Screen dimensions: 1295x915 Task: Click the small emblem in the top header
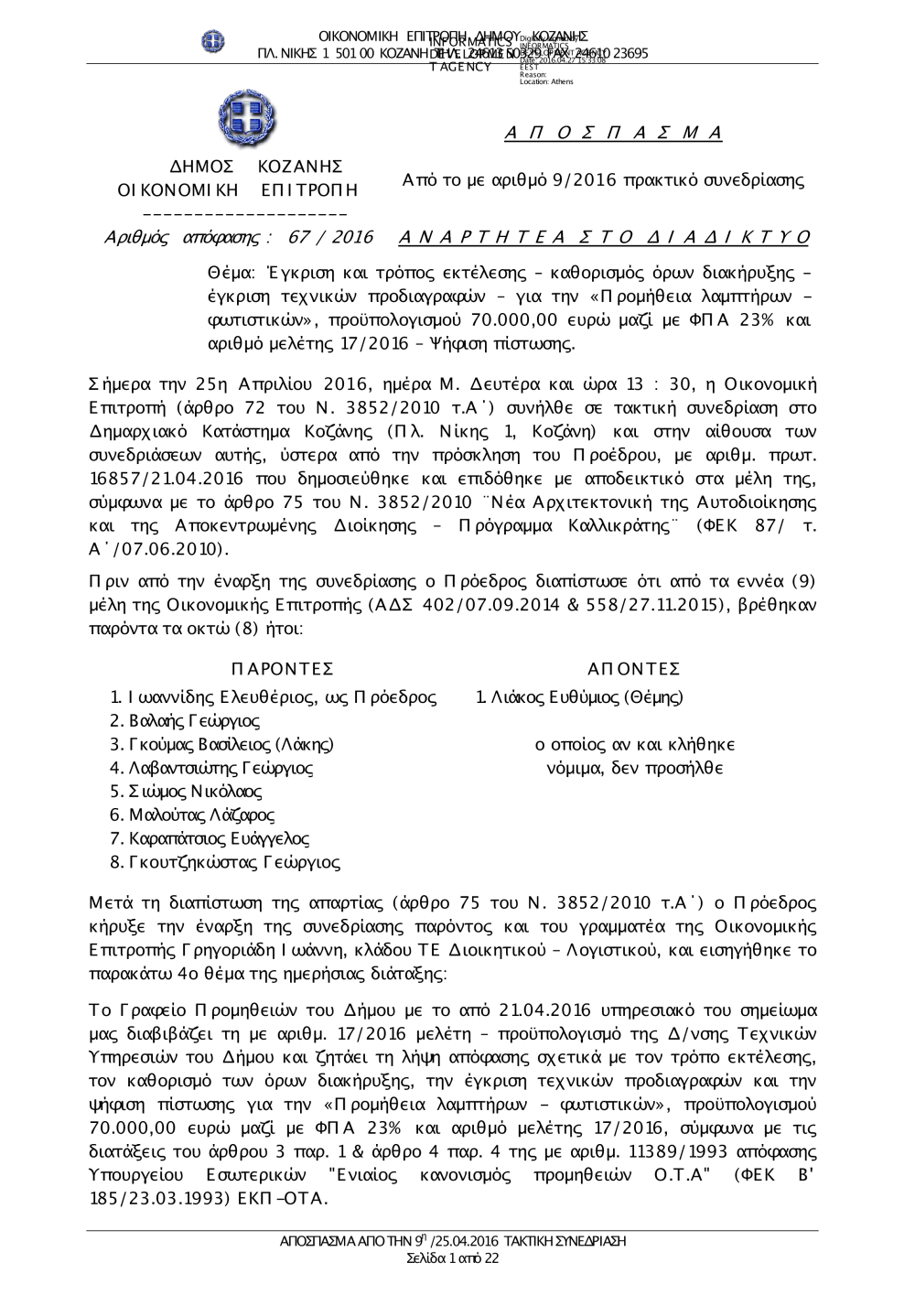point(213,41)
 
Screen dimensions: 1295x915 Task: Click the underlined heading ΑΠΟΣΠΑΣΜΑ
point(614,134)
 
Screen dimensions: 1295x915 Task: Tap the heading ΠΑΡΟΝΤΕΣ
point(282,669)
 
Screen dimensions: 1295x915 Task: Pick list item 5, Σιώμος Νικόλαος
point(186,792)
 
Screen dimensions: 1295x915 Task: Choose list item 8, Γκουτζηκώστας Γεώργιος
point(225,862)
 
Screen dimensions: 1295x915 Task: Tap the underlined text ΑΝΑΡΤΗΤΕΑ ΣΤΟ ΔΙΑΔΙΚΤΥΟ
point(605,238)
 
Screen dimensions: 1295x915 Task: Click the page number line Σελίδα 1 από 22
point(453,1258)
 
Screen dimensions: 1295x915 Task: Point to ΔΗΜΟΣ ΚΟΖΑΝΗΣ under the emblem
point(257,167)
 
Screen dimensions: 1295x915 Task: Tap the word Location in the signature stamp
point(532,82)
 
